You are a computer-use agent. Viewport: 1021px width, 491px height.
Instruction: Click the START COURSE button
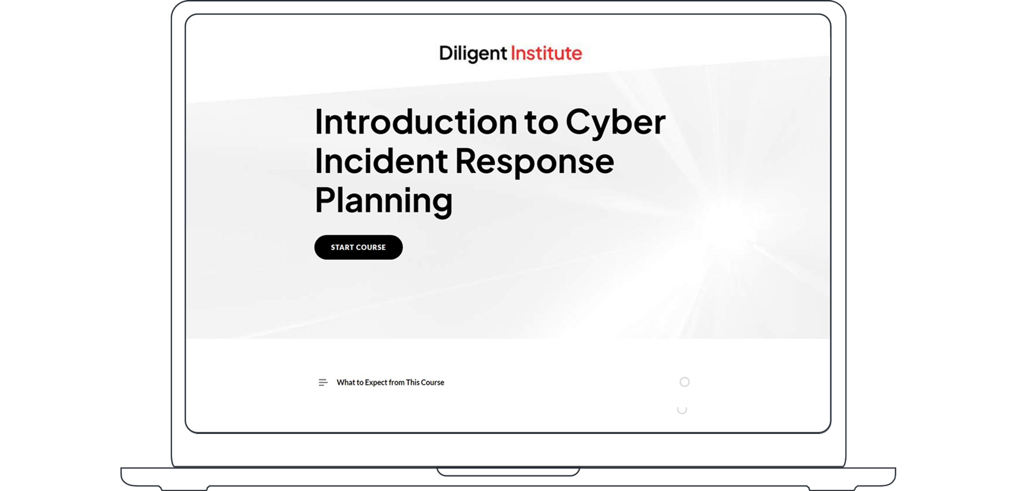coord(358,247)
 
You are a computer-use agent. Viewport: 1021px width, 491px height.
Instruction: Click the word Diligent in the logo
coord(473,53)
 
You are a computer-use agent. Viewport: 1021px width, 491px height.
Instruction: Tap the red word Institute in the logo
coord(546,53)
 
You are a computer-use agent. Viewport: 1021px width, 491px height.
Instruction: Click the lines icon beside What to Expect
coord(323,383)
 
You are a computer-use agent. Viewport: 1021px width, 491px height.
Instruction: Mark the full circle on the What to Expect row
coord(684,382)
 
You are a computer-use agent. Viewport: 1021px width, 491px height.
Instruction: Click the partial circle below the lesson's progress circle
coord(682,410)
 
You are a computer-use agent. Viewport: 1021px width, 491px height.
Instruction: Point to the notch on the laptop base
coord(508,472)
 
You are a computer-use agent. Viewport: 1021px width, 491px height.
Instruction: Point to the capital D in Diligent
coord(446,53)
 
